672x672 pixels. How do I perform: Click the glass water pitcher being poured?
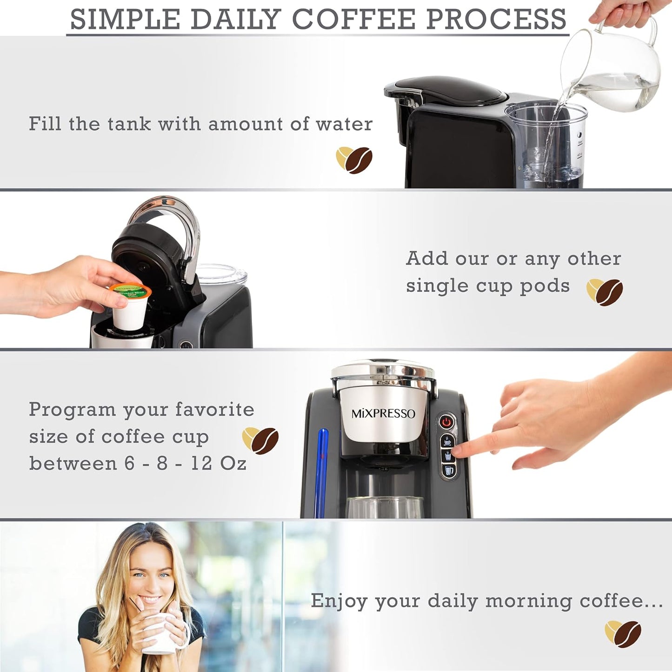[614, 70]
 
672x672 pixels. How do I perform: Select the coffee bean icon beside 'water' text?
[354, 160]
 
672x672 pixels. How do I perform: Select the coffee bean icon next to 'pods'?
[605, 292]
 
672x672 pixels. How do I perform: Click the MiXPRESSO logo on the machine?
[383, 413]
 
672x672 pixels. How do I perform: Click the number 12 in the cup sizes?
[201, 463]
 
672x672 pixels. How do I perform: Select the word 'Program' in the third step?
[72, 410]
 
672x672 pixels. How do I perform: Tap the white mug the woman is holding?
[163, 635]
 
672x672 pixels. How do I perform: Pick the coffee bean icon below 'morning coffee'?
[623, 633]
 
